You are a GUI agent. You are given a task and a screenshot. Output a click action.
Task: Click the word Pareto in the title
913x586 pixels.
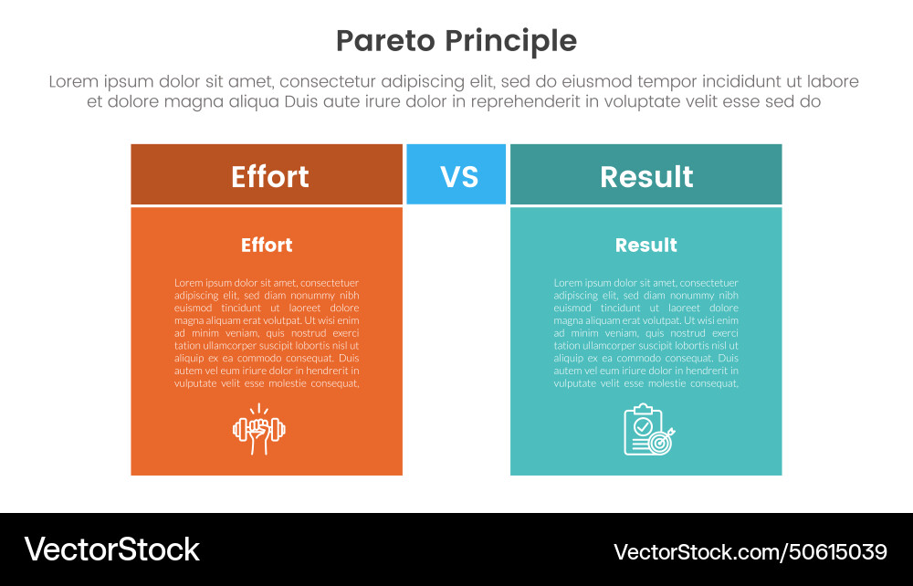[x=386, y=41]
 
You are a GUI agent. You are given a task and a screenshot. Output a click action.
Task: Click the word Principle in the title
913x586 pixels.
[x=511, y=41]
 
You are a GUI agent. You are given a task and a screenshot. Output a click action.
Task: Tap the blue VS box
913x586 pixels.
[x=456, y=173]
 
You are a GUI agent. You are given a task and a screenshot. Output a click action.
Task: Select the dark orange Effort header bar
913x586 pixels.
[x=267, y=174]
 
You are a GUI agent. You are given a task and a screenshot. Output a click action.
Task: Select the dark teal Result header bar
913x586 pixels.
[x=645, y=174]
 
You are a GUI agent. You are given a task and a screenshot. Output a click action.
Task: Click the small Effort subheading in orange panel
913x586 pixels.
[x=267, y=245]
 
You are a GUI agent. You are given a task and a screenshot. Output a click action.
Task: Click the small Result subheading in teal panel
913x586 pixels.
[x=645, y=245]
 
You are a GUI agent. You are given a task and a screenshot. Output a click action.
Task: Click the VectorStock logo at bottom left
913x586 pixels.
[x=111, y=549]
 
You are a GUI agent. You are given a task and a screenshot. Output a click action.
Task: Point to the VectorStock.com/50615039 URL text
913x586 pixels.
[x=750, y=551]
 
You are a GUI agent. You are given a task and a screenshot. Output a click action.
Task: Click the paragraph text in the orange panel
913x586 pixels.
[x=267, y=333]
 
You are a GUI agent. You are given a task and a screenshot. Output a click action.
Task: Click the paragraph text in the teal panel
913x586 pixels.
[x=645, y=333]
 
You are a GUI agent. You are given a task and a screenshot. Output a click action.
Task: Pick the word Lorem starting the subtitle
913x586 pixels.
[x=73, y=81]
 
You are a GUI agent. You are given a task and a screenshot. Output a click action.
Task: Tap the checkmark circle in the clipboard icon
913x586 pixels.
[x=643, y=425]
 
